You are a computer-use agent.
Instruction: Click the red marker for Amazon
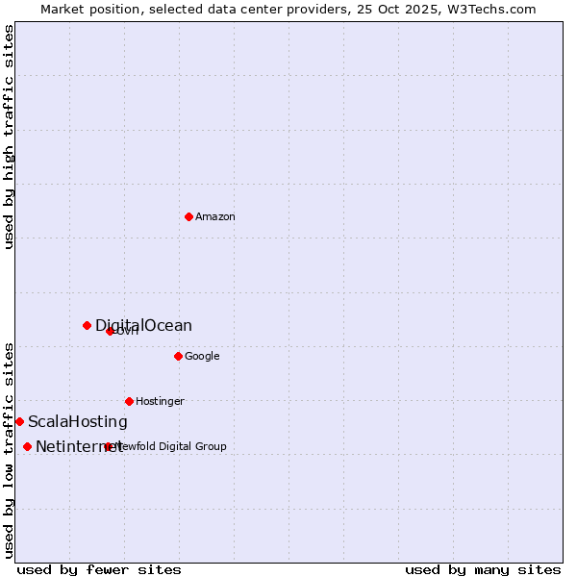pyautogui.click(x=188, y=216)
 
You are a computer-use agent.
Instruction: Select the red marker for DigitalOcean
pyautogui.click(x=87, y=325)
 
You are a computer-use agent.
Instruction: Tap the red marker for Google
pyautogui.click(x=178, y=356)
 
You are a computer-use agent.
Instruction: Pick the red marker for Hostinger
pyautogui.click(x=129, y=401)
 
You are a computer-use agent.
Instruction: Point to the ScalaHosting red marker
pyautogui.click(x=19, y=421)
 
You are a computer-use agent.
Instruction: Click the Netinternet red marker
pyautogui.click(x=27, y=446)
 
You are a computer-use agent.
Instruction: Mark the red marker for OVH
pyautogui.click(x=110, y=331)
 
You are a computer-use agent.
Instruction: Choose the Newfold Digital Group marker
pyautogui.click(x=108, y=446)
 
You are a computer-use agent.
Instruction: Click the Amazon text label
pyautogui.click(x=215, y=217)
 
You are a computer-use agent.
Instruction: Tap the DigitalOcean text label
pyautogui.click(x=143, y=326)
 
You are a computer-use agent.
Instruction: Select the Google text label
pyautogui.click(x=202, y=357)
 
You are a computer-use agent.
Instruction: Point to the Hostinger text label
pyautogui.click(x=160, y=402)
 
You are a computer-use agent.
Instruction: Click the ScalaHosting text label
pyautogui.click(x=77, y=422)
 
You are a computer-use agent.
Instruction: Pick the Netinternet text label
pyautogui.click(x=79, y=447)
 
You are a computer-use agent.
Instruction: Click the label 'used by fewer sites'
pyautogui.click(x=99, y=569)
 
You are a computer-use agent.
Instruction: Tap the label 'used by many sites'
pyautogui.click(x=483, y=569)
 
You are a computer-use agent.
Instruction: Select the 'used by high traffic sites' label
pyautogui.click(x=9, y=137)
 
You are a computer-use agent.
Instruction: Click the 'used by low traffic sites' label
pyautogui.click(x=9, y=450)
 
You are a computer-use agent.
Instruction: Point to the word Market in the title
pyautogui.click(x=62, y=9)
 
